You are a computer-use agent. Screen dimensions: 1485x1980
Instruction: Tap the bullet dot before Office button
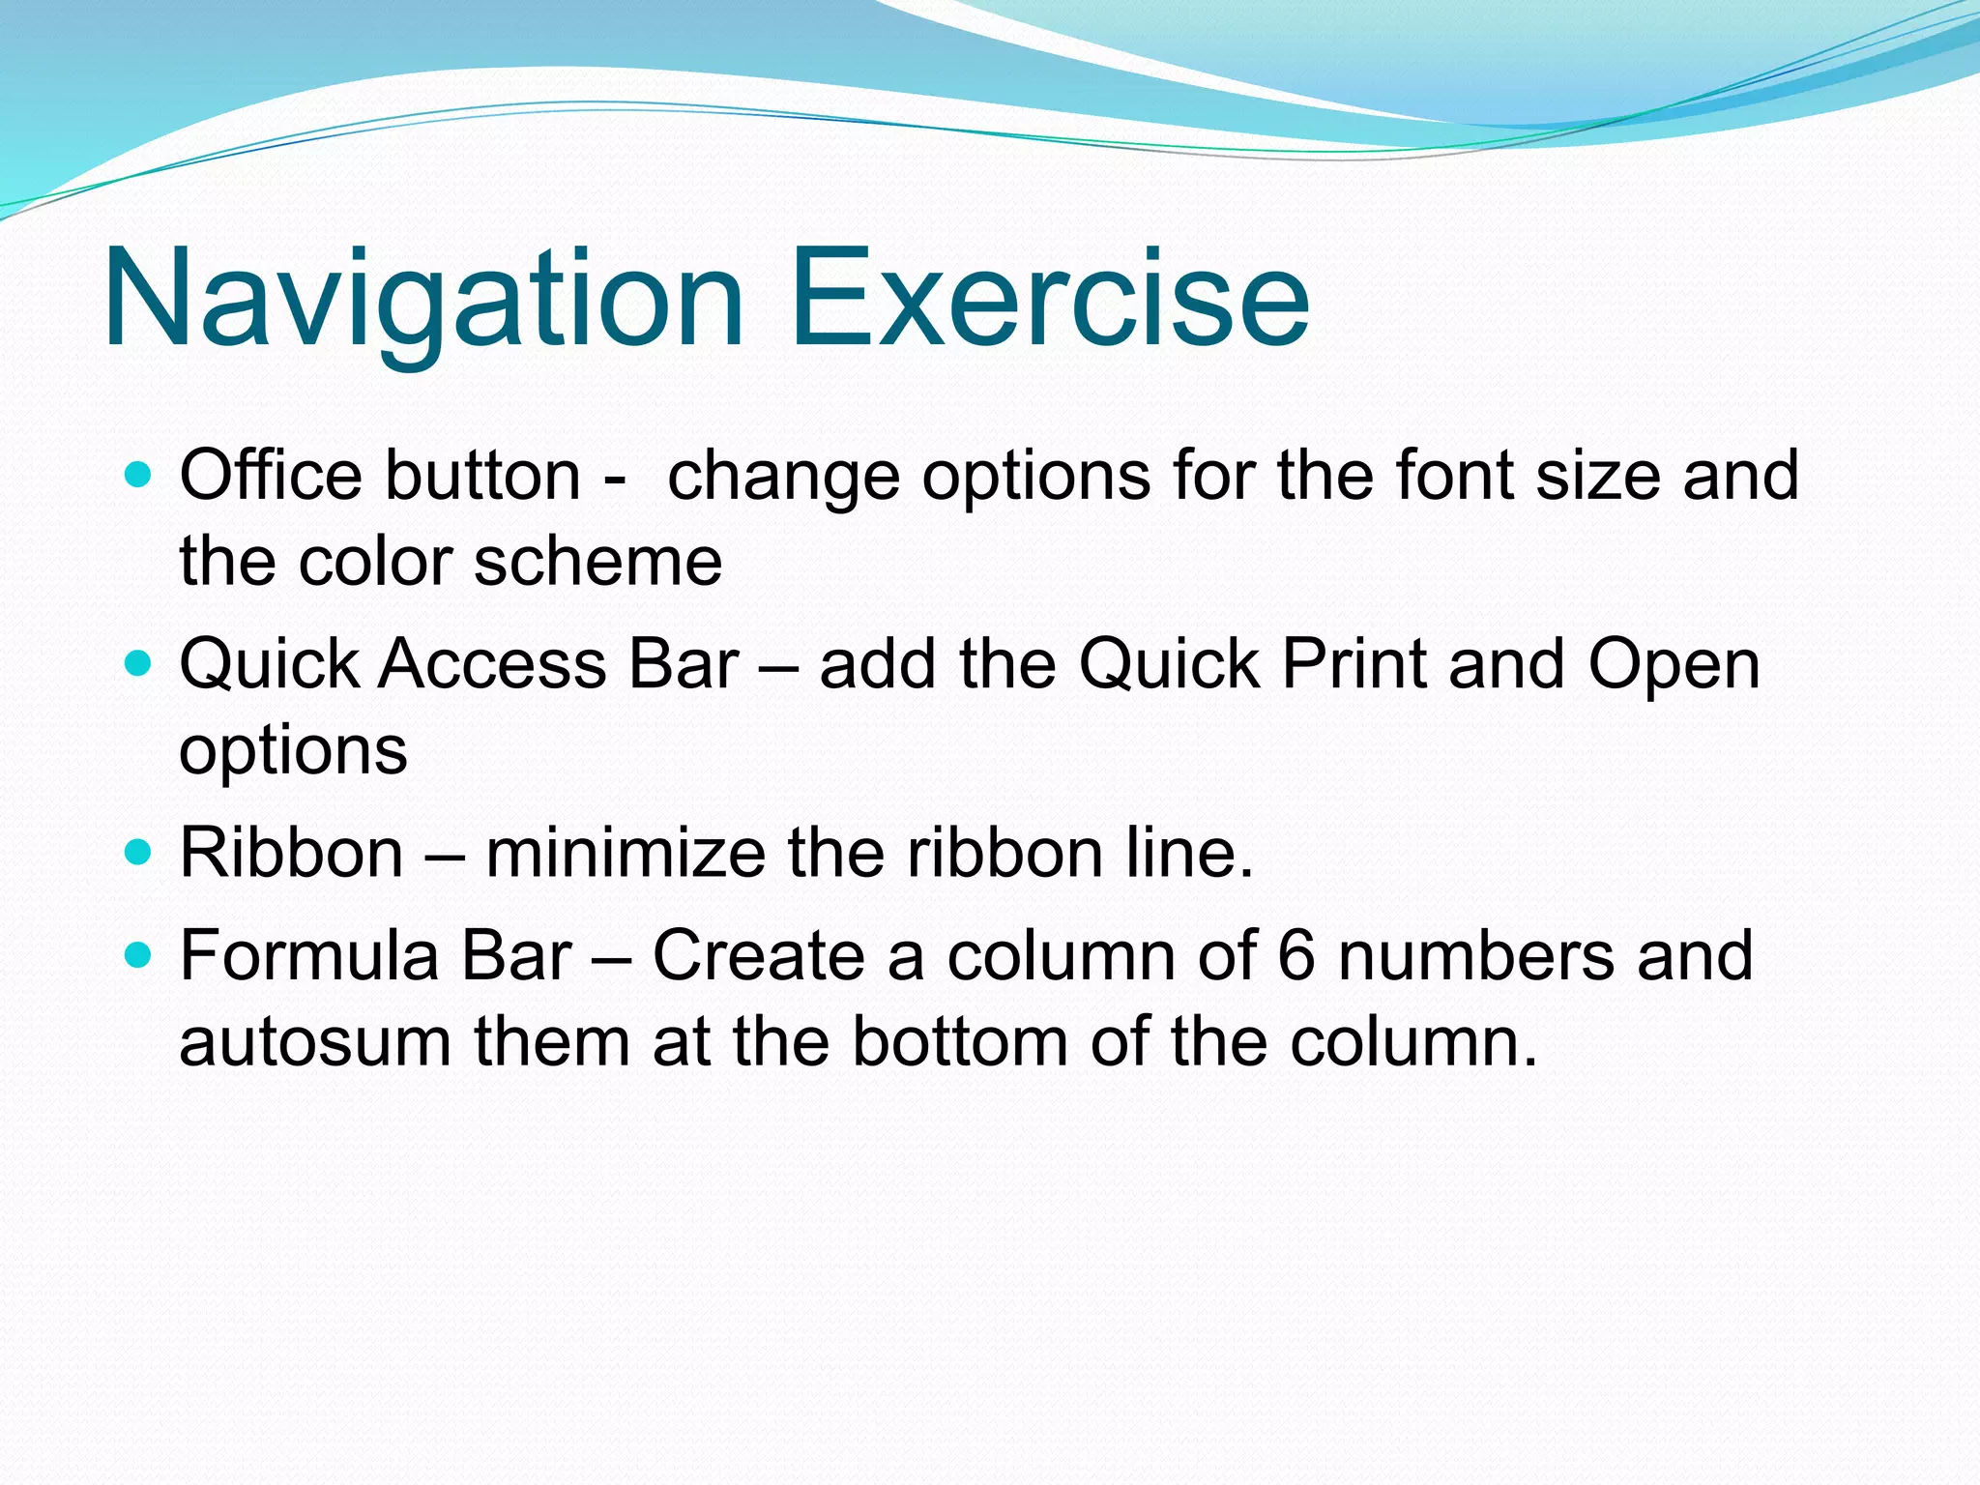pyautogui.click(x=139, y=475)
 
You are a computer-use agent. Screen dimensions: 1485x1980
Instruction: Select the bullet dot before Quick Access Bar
pyautogui.click(x=139, y=664)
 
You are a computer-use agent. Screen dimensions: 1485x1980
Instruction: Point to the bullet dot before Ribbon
pyautogui.click(x=139, y=853)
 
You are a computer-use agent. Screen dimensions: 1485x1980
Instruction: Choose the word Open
pyautogui.click(x=1674, y=667)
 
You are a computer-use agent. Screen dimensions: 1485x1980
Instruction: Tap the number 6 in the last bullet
pyautogui.click(x=1296, y=955)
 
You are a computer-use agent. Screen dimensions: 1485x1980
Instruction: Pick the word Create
pyautogui.click(x=758, y=955)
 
